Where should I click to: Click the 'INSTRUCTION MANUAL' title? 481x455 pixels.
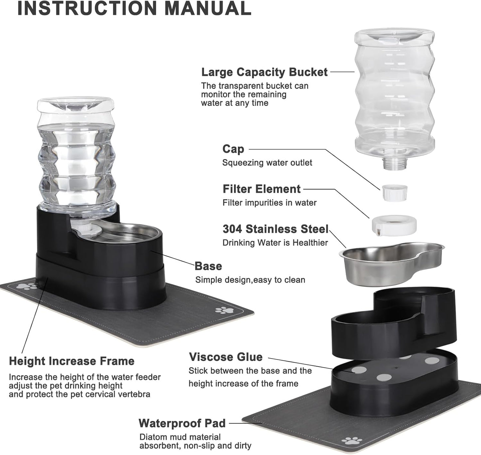tap(134, 8)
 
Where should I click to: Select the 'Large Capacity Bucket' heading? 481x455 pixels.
tap(264, 72)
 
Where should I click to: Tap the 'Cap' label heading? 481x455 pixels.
tap(233, 149)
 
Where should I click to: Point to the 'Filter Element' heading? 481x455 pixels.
tap(261, 189)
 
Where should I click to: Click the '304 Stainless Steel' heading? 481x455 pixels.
tap(275, 229)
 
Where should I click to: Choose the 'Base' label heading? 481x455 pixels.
tap(208, 266)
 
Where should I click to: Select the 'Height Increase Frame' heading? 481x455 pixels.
tap(72, 361)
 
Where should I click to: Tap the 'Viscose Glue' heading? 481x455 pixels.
tap(226, 357)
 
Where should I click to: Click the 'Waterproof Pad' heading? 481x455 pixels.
tap(182, 423)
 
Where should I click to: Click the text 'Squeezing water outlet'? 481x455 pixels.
tap(267, 163)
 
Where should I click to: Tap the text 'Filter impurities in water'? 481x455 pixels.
tap(269, 203)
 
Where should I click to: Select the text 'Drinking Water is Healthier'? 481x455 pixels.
tap(275, 243)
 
